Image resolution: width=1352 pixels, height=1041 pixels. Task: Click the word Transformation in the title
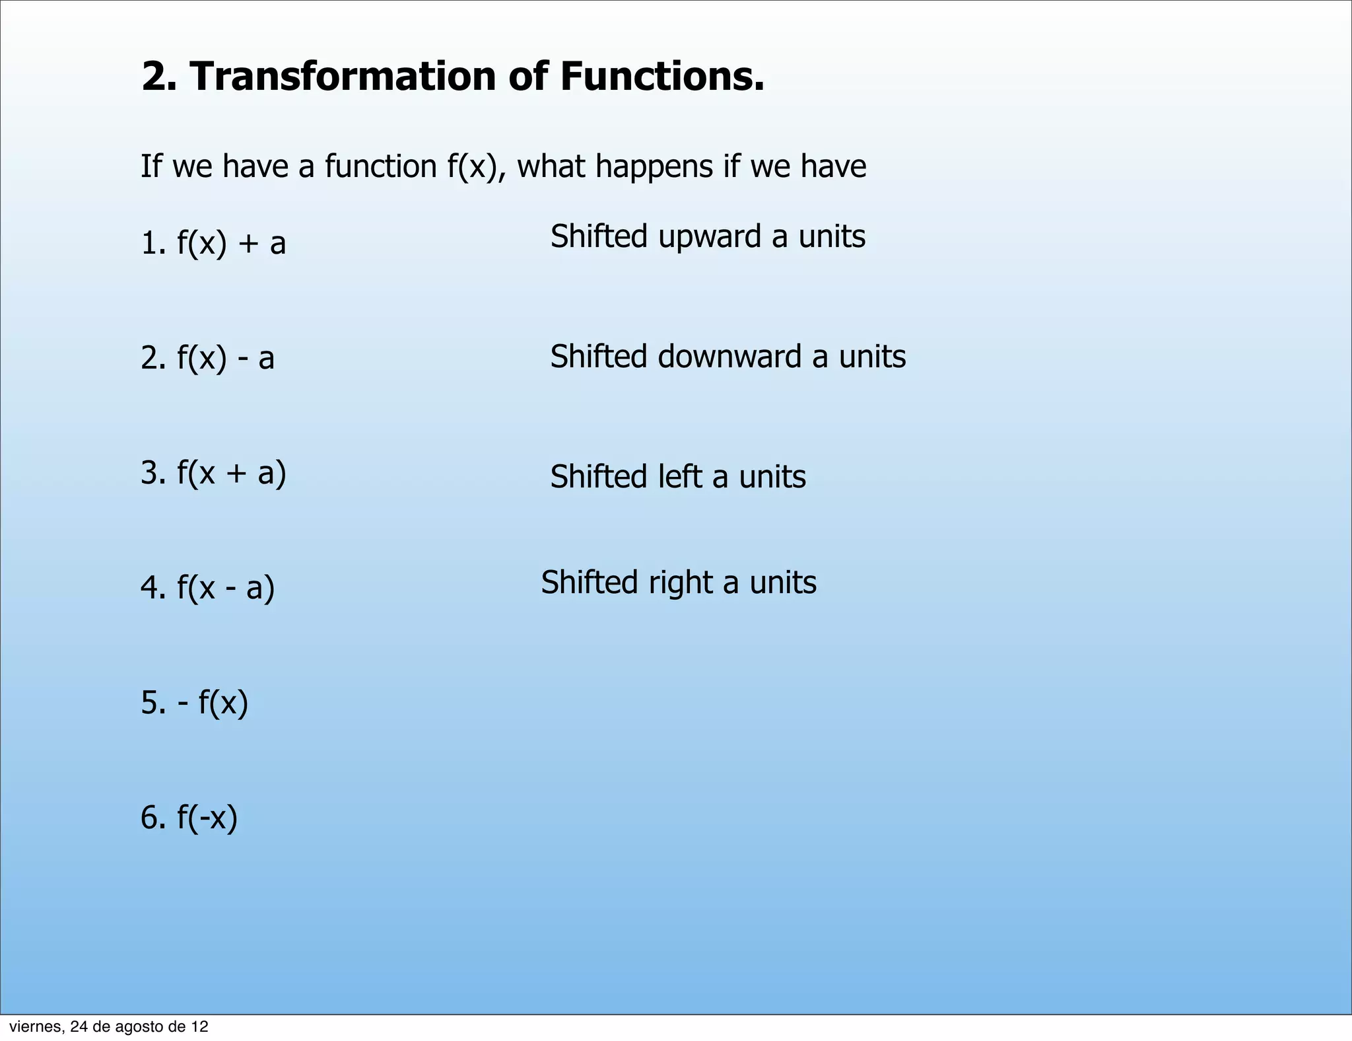[343, 77]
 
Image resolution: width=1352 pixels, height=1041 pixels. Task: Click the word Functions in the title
[661, 77]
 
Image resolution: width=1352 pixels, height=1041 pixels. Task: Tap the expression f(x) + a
[231, 243]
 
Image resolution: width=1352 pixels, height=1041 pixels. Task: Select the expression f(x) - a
[225, 358]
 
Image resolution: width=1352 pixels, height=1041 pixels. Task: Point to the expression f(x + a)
[231, 473]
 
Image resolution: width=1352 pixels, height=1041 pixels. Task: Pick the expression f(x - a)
[225, 588]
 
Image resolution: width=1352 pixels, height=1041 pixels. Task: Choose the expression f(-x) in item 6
[207, 818]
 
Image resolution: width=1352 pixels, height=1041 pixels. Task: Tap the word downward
[729, 357]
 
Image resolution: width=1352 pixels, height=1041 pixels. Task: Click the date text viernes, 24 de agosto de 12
[108, 1026]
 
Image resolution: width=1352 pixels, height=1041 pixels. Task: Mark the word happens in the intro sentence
[654, 166]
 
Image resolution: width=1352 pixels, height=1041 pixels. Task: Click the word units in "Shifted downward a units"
[872, 357]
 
